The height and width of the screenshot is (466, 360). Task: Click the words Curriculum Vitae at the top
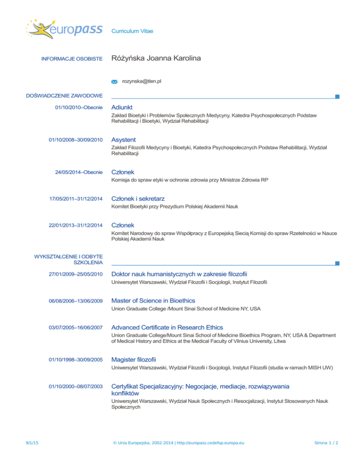point(132,31)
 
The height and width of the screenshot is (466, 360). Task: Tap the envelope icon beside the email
point(114,82)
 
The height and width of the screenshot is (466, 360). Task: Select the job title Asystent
point(124,140)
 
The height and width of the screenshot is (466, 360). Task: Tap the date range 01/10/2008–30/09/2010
point(75,140)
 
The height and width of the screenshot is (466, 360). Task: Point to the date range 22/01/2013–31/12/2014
point(75,225)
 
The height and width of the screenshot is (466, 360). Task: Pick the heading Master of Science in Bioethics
point(153,300)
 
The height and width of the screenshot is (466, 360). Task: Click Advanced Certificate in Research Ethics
point(167,327)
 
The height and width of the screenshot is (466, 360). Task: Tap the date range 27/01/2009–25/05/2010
point(75,274)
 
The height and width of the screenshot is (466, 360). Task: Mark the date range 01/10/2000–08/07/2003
point(75,386)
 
